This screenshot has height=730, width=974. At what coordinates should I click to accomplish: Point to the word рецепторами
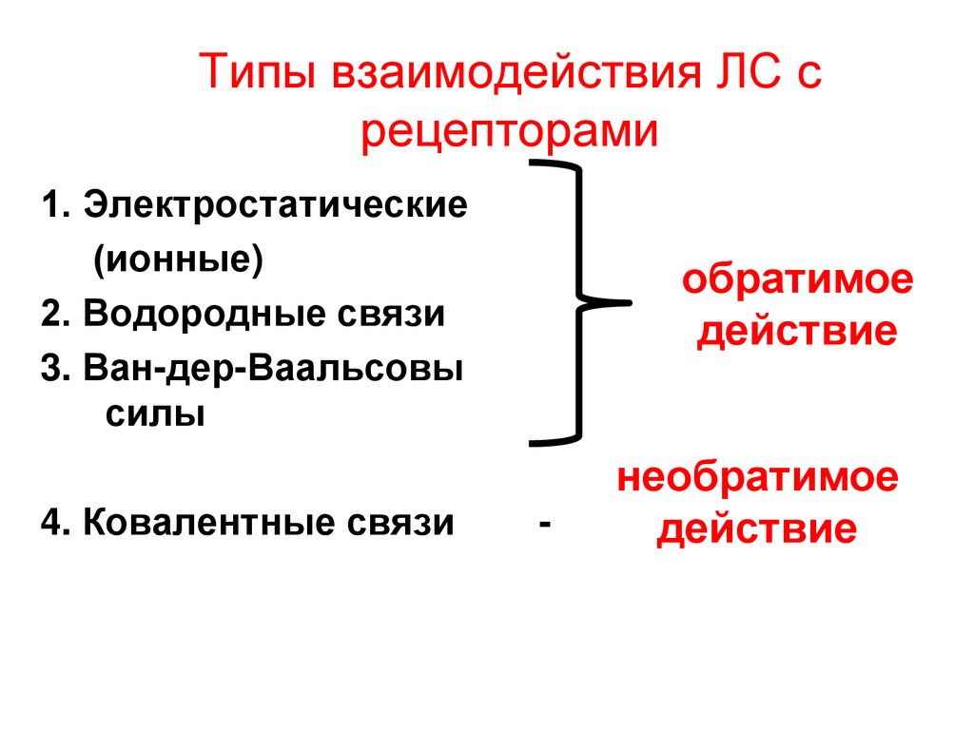pos(509,131)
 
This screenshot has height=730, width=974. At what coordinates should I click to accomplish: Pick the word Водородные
pos(202,313)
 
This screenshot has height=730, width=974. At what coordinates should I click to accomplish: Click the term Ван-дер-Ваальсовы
pos(274,368)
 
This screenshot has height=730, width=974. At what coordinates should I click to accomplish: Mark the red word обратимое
pos(796,282)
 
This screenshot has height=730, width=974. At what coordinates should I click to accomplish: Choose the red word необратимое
pos(757,478)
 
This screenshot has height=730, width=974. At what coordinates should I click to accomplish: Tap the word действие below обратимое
pos(796,334)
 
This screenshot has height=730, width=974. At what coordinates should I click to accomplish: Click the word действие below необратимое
pos(757,529)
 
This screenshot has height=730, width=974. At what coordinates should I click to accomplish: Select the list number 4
pos(50,522)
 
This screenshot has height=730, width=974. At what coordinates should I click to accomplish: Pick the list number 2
pos(50,313)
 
